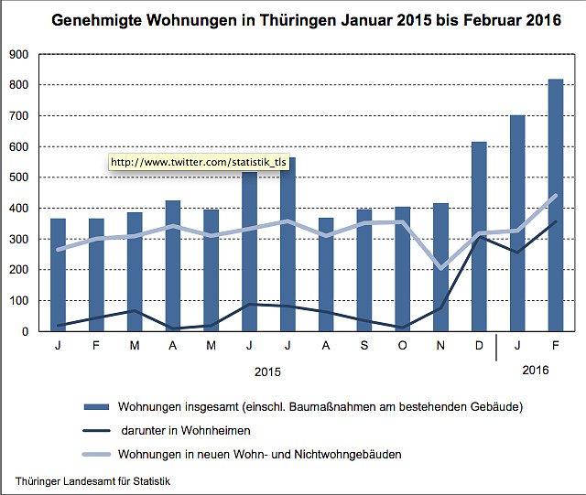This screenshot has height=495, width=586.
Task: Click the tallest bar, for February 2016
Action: pyautogui.click(x=555, y=206)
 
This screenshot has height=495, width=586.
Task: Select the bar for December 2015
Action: pyautogui.click(x=479, y=237)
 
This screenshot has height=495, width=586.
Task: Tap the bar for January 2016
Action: pyautogui.click(x=517, y=223)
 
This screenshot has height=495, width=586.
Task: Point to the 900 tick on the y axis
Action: pyautogui.click(x=18, y=54)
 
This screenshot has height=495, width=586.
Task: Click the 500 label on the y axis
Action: pyautogui.click(x=18, y=178)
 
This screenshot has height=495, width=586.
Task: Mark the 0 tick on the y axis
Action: pyautogui.click(x=26, y=331)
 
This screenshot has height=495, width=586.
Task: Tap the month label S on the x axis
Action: pyautogui.click(x=364, y=347)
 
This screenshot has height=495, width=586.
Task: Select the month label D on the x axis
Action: pyautogui.click(x=479, y=347)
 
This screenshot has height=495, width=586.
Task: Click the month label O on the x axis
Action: pyautogui.click(x=403, y=347)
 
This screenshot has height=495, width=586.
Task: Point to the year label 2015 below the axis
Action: pyautogui.click(x=268, y=371)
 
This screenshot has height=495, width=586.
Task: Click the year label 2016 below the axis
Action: pyautogui.click(x=537, y=370)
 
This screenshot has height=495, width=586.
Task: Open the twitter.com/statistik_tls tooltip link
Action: pyautogui.click(x=199, y=162)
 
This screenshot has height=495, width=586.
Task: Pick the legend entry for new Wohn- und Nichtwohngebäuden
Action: pyautogui.click(x=258, y=454)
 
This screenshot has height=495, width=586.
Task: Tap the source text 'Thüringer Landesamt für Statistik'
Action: pyautogui.click(x=92, y=480)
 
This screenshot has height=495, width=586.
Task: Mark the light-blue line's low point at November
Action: pyautogui.click(x=440, y=268)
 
